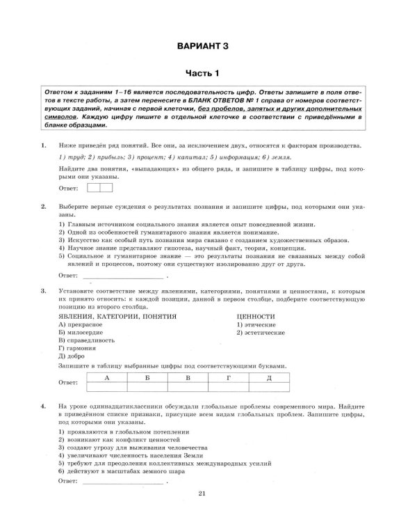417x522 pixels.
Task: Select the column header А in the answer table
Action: tap(106, 377)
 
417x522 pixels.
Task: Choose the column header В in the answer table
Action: tap(187, 377)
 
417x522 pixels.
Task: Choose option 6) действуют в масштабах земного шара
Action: tap(122, 470)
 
